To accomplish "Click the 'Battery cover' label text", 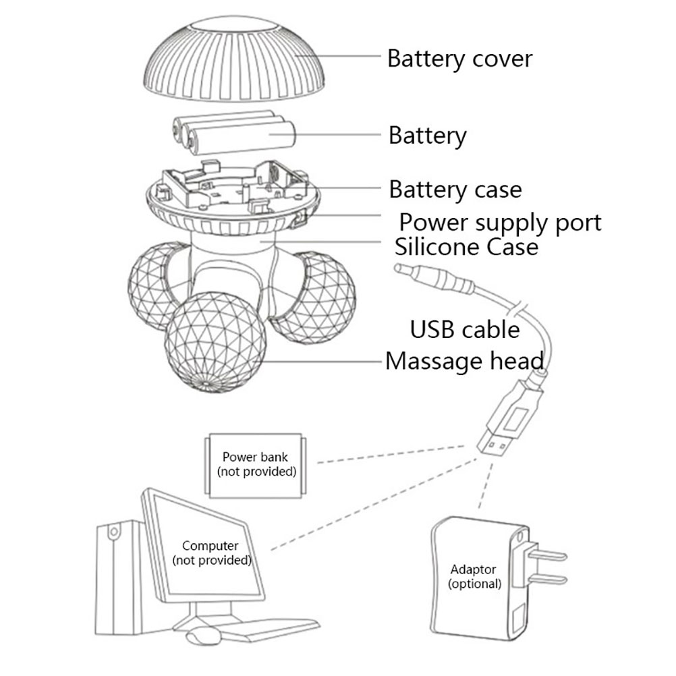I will pos(459,59).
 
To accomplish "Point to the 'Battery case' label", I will pos(455,190).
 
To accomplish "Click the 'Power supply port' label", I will pos(500,221).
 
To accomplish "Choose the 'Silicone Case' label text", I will pos(467,246).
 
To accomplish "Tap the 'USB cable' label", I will pos(466,330).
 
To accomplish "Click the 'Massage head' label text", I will pos(464,361).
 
